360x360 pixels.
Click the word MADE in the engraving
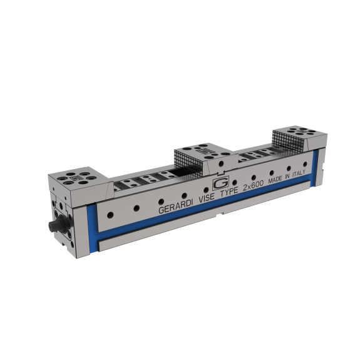(x=275, y=180)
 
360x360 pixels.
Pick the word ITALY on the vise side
(x=299, y=173)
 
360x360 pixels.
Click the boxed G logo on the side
(x=221, y=183)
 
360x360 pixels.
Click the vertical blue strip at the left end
(x=92, y=230)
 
